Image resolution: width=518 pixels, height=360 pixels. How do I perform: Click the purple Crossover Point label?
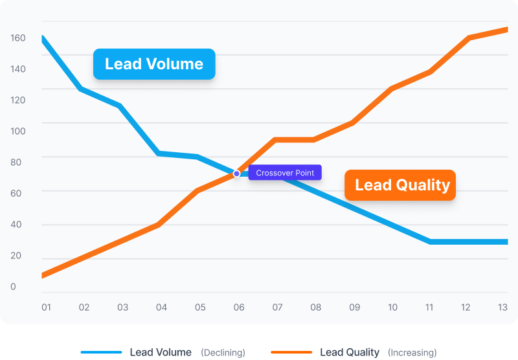(285, 173)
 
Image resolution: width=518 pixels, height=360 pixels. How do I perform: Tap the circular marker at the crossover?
(236, 174)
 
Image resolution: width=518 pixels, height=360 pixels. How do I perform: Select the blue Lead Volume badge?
(154, 64)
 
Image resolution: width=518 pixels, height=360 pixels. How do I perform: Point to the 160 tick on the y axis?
(17, 38)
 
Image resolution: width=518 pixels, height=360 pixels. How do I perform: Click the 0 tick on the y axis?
(13, 287)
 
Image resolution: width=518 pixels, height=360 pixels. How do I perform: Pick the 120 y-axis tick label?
(17, 100)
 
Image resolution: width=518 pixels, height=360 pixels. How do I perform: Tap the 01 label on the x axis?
(46, 307)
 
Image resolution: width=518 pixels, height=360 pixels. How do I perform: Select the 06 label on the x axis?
(239, 307)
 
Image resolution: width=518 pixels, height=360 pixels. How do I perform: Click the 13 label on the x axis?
(502, 307)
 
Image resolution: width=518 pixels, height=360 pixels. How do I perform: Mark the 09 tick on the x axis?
(355, 307)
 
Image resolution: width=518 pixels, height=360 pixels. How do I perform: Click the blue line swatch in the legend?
(101, 352)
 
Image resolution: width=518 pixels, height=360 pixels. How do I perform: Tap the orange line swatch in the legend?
(291, 352)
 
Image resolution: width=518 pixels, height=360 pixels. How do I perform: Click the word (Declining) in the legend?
(223, 353)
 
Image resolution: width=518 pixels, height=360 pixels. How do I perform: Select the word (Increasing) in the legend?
(412, 353)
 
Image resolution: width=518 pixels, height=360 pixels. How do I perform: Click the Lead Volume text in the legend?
(161, 352)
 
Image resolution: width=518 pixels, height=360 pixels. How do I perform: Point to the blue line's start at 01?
(43, 38)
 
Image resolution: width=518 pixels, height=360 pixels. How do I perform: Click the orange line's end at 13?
(506, 29)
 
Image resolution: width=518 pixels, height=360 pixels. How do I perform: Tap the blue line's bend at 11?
(430, 242)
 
